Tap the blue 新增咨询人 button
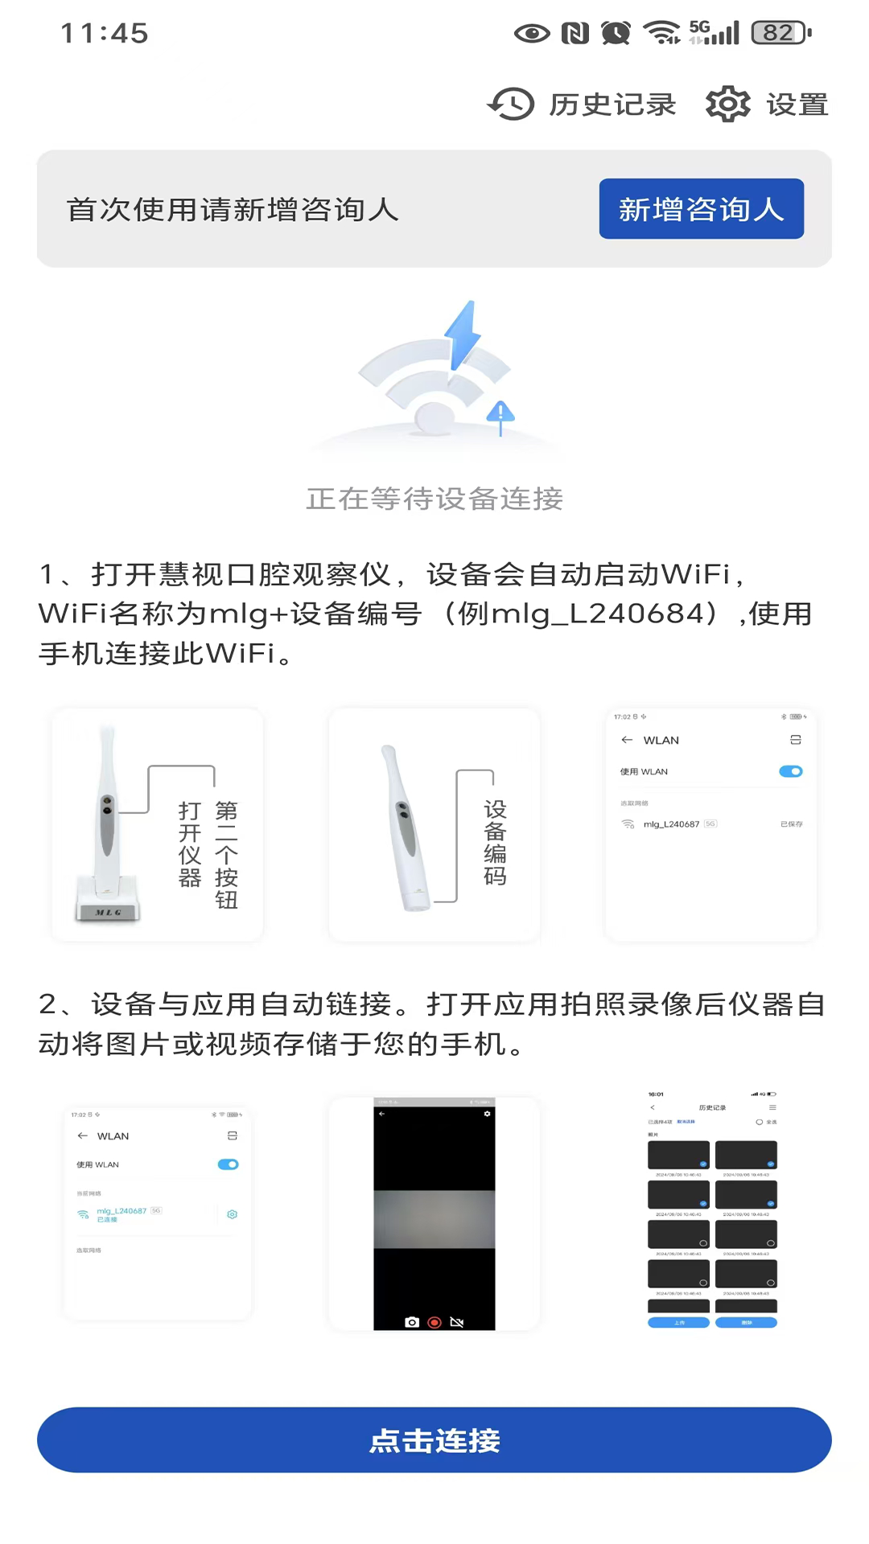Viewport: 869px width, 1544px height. (x=701, y=209)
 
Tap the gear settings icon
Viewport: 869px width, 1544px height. (x=727, y=104)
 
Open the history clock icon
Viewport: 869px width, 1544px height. (x=511, y=104)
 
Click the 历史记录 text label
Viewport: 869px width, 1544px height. (x=612, y=105)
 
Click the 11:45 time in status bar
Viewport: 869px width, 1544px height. (x=105, y=33)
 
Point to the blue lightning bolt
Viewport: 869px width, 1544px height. (x=463, y=336)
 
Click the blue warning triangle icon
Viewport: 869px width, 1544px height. (x=500, y=413)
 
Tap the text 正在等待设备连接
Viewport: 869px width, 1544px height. (x=434, y=499)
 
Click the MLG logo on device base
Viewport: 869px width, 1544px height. (x=109, y=913)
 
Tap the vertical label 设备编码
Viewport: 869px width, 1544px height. (x=495, y=842)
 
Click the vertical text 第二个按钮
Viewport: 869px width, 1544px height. (x=226, y=854)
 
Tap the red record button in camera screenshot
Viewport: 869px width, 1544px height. (x=434, y=1322)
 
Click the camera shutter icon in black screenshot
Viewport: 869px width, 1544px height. (x=412, y=1322)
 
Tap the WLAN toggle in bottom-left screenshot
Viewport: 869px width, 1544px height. (x=229, y=1164)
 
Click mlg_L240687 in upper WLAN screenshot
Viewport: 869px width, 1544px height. (x=671, y=824)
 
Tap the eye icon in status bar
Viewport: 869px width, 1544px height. (x=532, y=33)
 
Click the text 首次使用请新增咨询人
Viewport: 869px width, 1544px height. (x=233, y=210)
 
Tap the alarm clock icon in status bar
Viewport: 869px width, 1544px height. (x=616, y=33)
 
